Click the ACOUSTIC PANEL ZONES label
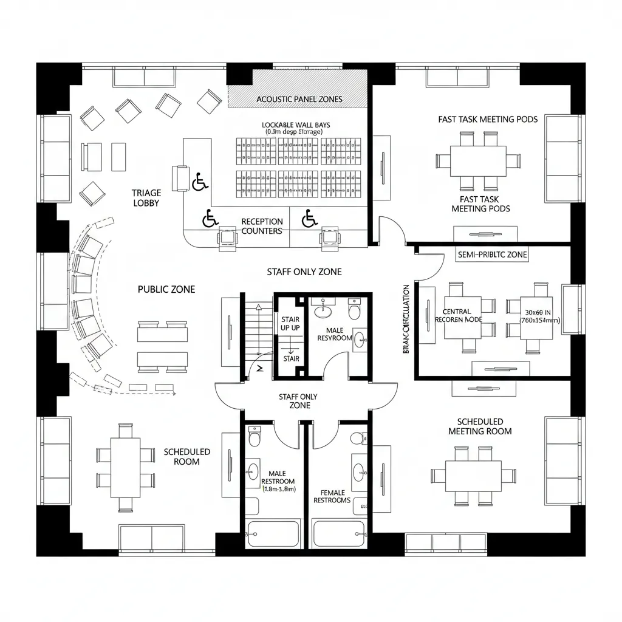[299, 99]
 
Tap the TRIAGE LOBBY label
[146, 198]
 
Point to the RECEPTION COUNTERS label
[262, 226]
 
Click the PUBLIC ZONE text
[166, 290]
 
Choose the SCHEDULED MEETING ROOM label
[480, 426]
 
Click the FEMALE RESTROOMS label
[332, 496]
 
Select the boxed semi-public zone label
[491, 255]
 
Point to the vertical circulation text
[406, 319]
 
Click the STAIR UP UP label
[290, 323]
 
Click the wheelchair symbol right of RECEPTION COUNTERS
[309, 217]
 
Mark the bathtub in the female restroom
[338, 534]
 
